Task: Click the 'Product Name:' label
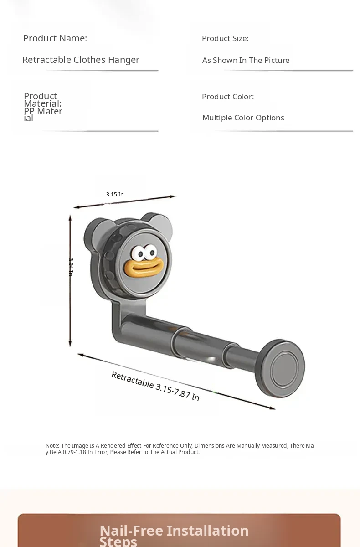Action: click(55, 38)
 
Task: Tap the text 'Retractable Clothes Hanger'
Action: click(81, 60)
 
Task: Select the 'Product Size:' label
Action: click(225, 38)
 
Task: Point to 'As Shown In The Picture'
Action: click(246, 60)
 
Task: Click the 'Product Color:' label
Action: click(228, 97)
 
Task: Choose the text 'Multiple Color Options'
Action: click(243, 118)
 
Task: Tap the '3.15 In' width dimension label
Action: click(115, 195)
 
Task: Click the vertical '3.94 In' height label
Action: click(71, 267)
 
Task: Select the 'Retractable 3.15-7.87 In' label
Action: click(155, 386)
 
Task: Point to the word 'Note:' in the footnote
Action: click(52, 446)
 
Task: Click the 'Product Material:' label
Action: click(42, 100)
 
